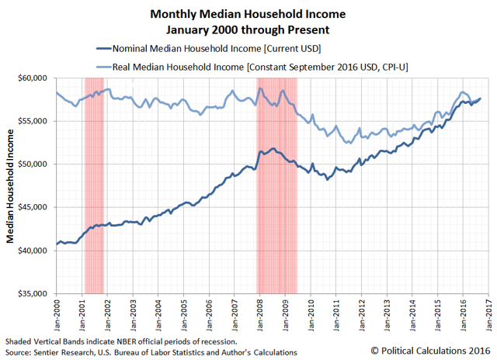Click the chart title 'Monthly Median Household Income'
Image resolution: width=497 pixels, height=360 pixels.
tap(248, 14)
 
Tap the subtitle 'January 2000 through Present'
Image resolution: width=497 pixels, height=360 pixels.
tap(248, 29)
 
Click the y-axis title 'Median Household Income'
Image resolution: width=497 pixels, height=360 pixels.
tap(11, 186)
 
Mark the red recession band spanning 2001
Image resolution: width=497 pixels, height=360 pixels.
tap(94, 186)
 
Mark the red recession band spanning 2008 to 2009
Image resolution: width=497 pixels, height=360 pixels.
tap(277, 186)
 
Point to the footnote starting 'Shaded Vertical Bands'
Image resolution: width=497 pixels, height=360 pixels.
tap(124, 341)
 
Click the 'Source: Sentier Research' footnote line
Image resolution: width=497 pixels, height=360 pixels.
tap(151, 352)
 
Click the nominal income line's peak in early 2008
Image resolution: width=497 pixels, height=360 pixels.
tap(273, 148)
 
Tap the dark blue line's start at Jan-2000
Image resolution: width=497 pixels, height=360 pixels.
tap(56, 246)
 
